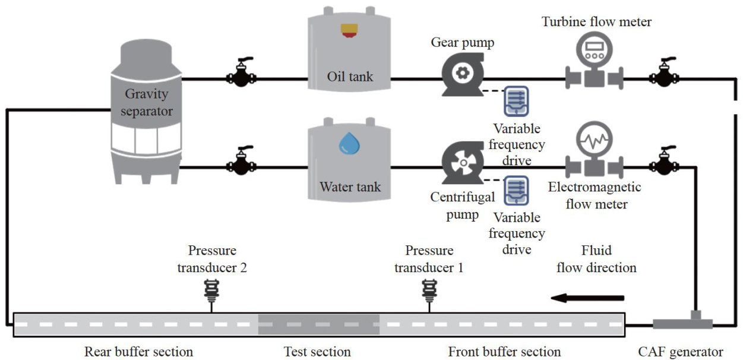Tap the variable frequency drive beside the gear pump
[516, 101]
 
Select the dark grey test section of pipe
[318, 324]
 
